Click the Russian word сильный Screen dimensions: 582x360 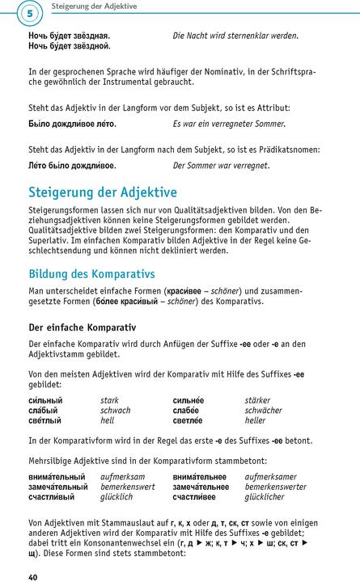coord(45,400)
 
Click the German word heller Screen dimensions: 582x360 coord(255,421)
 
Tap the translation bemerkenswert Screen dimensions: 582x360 coord(129,488)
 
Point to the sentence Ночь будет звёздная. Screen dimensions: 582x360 coord(69,36)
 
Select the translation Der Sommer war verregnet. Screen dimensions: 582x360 coord(221,166)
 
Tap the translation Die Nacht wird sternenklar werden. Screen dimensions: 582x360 coord(235,36)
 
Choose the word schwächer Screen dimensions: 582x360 coord(265,411)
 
